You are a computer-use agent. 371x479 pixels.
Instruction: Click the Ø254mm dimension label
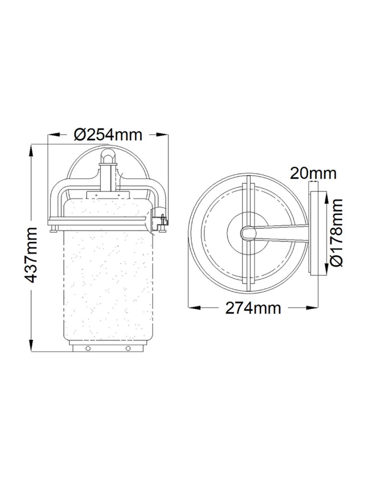[108, 135]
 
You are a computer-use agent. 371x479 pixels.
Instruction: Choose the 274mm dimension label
[253, 308]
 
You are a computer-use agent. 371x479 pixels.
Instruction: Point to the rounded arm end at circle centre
[247, 233]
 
